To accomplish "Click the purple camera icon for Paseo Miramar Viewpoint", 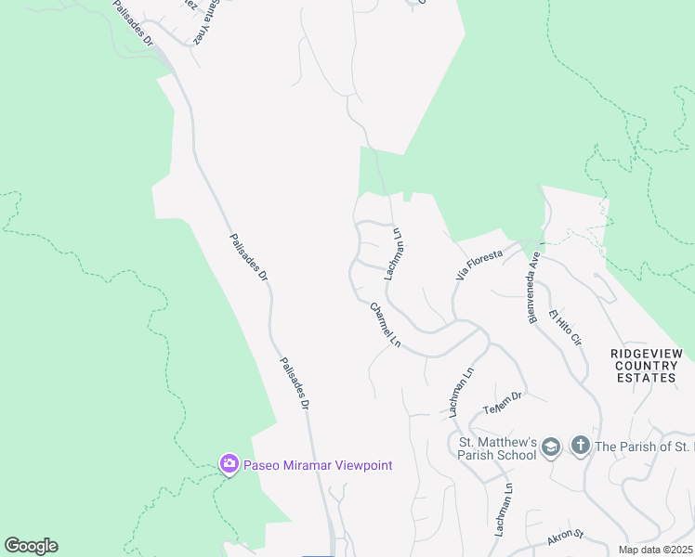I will point(229,463).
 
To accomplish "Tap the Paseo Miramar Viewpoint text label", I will point(317,465).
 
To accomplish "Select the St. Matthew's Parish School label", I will point(496,447).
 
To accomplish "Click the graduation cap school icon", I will point(550,447).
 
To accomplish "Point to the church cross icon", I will point(580,446).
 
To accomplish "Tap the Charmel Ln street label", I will point(385,326).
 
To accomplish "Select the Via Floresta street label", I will point(479,264).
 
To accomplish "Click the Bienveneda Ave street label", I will point(533,287).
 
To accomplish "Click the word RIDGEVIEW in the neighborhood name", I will point(647,354).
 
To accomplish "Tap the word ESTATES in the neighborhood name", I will point(647,378).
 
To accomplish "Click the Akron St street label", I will point(564,535).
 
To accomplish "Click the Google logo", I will point(31,546).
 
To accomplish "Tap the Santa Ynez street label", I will point(204,20).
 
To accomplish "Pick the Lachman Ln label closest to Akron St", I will point(503,510).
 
